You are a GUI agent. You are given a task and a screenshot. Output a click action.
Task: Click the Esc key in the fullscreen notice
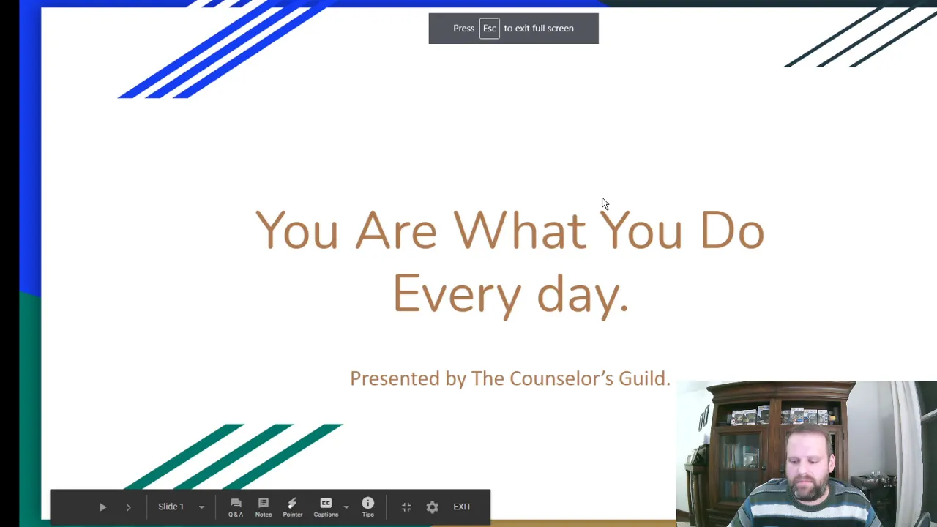click(x=489, y=29)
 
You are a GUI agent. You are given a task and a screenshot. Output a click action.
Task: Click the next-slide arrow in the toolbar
click(x=129, y=507)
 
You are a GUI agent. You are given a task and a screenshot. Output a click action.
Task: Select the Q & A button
click(x=236, y=507)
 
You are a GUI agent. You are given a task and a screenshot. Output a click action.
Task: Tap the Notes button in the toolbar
click(x=264, y=507)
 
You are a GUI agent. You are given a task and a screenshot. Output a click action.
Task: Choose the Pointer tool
click(x=292, y=507)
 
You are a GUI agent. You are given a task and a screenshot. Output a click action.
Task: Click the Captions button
click(x=326, y=507)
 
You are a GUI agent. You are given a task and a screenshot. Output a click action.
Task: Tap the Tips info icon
click(x=367, y=507)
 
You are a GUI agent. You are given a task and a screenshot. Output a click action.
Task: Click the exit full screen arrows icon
click(x=406, y=507)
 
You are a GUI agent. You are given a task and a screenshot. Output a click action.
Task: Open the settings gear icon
click(x=432, y=507)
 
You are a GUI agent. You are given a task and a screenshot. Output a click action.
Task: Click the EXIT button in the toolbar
click(x=462, y=507)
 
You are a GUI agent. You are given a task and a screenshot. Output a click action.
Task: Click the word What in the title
click(x=520, y=230)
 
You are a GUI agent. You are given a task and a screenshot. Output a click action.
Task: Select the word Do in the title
click(x=733, y=230)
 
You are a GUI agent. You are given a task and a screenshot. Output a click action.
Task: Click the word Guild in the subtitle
click(x=645, y=378)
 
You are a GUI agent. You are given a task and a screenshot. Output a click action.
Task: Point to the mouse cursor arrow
click(x=605, y=203)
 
